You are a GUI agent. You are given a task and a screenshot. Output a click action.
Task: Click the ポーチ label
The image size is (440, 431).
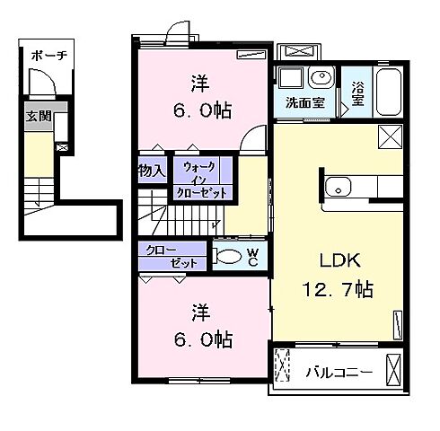pos(48,56)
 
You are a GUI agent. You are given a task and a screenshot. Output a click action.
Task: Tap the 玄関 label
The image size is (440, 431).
pos(39,116)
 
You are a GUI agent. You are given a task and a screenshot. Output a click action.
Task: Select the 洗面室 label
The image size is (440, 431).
pos(304,102)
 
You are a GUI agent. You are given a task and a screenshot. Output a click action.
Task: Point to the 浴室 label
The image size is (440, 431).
pos(357,93)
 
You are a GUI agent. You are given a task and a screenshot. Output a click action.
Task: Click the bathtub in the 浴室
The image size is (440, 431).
pos(389,92)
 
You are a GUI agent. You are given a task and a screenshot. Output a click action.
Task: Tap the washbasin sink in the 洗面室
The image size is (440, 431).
pos(321,77)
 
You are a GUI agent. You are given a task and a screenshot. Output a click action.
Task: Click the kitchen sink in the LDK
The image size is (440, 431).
pos(338,187)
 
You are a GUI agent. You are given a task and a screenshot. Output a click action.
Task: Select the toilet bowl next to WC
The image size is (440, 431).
pos(229,256)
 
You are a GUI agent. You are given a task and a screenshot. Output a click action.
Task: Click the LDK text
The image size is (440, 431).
pos(339,260)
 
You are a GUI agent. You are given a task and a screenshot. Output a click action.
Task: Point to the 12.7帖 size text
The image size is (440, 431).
pos(338,289)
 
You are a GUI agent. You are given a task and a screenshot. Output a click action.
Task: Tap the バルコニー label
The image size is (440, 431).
pos(339,373)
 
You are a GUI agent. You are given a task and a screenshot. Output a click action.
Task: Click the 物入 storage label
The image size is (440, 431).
pos(152,171)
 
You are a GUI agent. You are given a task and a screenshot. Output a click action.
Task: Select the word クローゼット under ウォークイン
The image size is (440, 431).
pos(201,194)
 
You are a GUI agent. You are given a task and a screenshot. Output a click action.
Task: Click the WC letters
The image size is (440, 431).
pos(253,258)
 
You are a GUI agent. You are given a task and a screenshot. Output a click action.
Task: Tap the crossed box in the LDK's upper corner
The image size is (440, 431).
pos(391,136)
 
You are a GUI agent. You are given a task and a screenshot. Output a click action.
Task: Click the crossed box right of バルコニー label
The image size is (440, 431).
pos(393,370)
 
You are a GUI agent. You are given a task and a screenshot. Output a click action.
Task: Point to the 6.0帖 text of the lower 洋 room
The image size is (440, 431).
pos(203,339)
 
